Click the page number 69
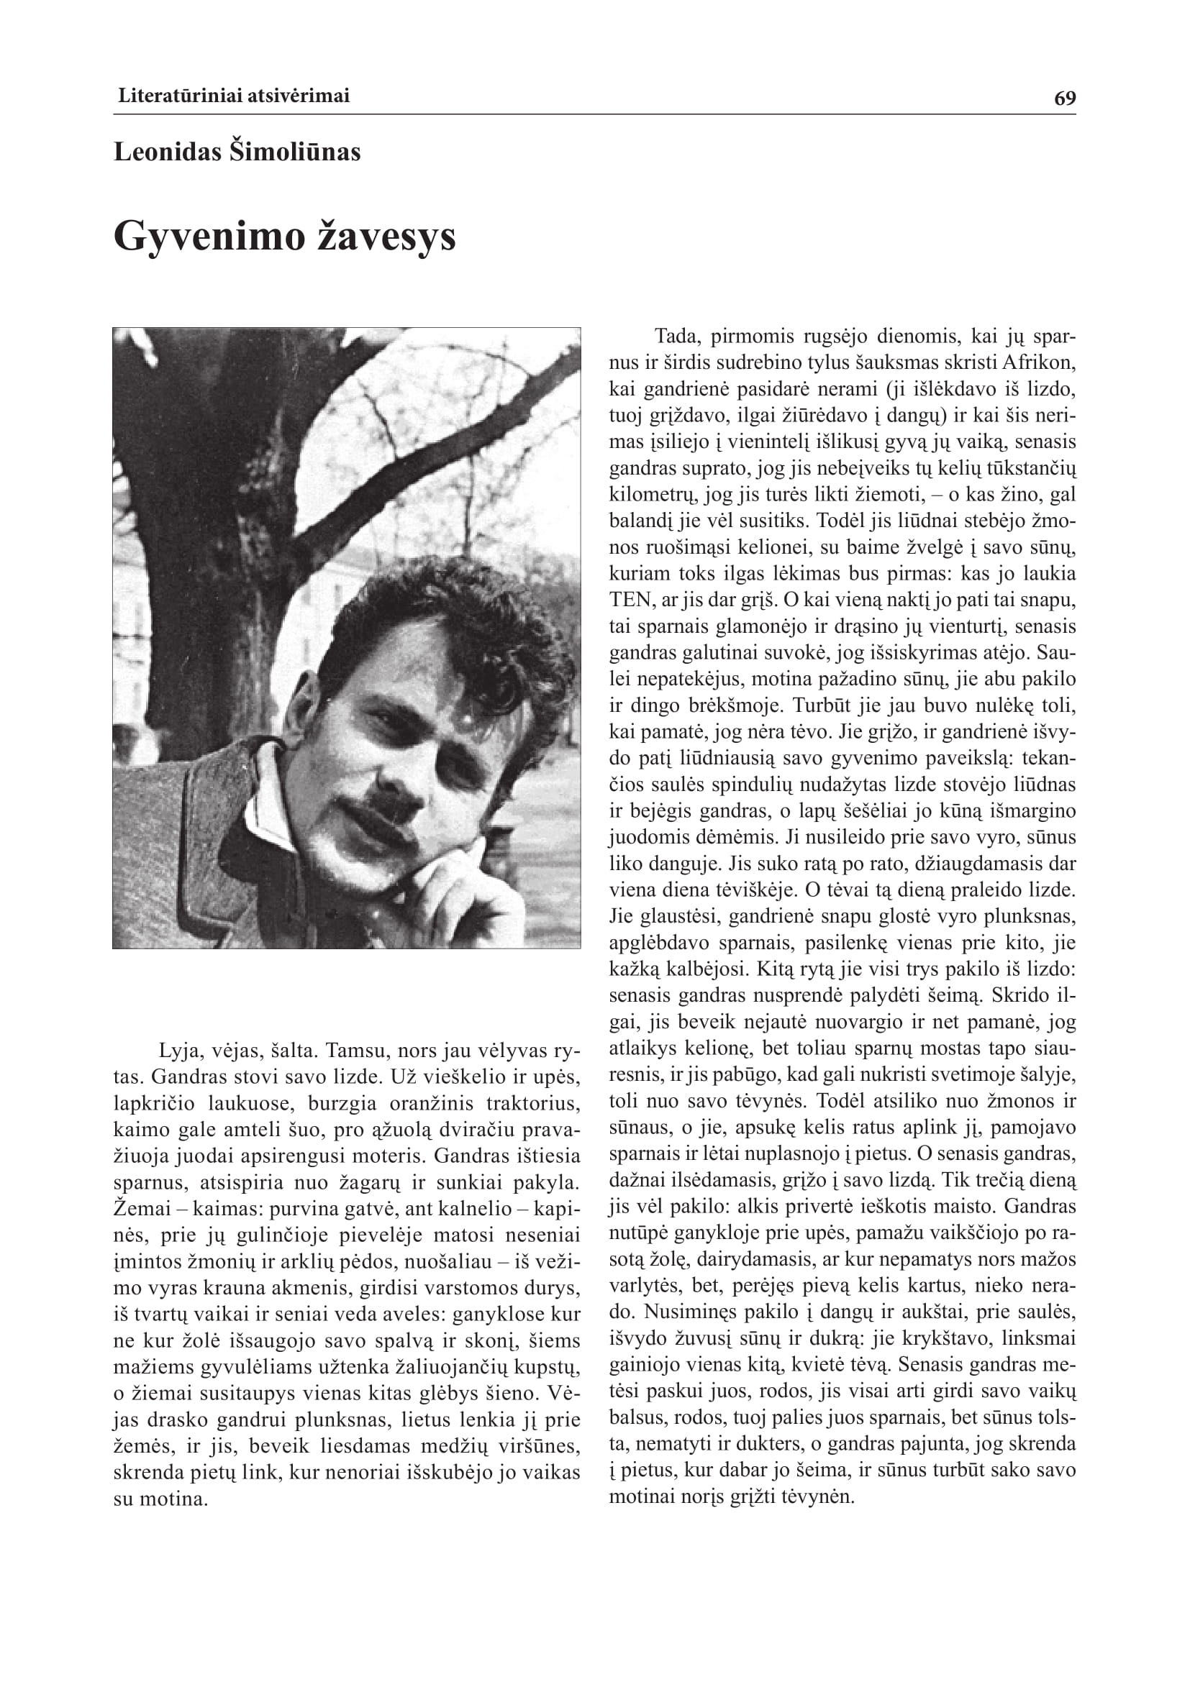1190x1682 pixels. tap(1065, 99)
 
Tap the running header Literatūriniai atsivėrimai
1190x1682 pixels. tap(234, 95)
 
